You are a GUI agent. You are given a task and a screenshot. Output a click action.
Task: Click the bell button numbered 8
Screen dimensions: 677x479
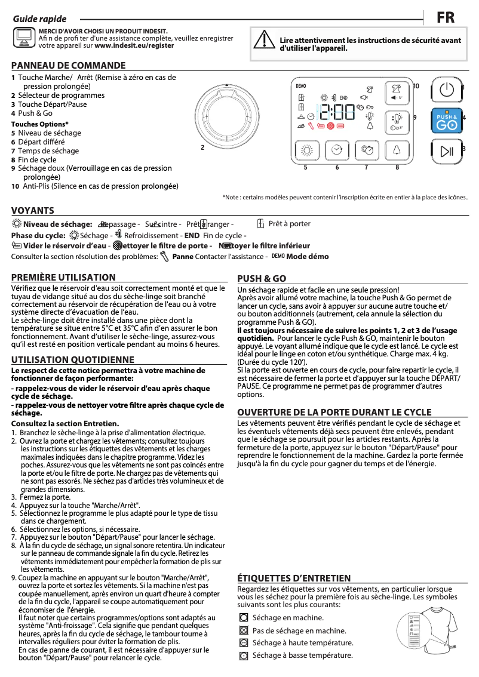(397, 150)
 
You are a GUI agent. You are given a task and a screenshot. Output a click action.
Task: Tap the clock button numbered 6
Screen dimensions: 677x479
(337, 150)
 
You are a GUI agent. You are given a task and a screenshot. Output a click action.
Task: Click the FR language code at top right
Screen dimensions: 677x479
(445, 18)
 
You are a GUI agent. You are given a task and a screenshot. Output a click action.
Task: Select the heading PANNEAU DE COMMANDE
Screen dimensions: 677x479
(69, 66)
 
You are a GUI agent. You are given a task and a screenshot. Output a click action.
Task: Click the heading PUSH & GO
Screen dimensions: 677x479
(262, 278)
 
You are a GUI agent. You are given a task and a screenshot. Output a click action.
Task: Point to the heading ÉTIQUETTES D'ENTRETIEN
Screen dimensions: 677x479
(294, 578)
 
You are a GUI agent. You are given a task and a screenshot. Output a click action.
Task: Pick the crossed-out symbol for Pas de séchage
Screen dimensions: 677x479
(243, 630)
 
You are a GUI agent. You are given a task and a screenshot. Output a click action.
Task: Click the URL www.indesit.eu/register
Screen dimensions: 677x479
(134, 45)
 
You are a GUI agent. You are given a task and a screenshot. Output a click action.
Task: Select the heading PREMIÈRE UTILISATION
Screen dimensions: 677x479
(63, 277)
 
